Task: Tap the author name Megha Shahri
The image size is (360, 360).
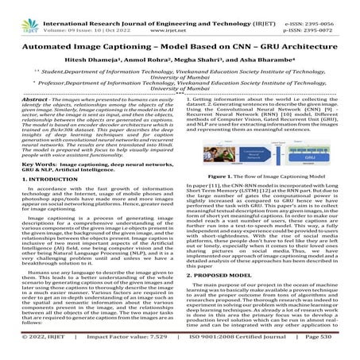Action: (198, 63)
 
